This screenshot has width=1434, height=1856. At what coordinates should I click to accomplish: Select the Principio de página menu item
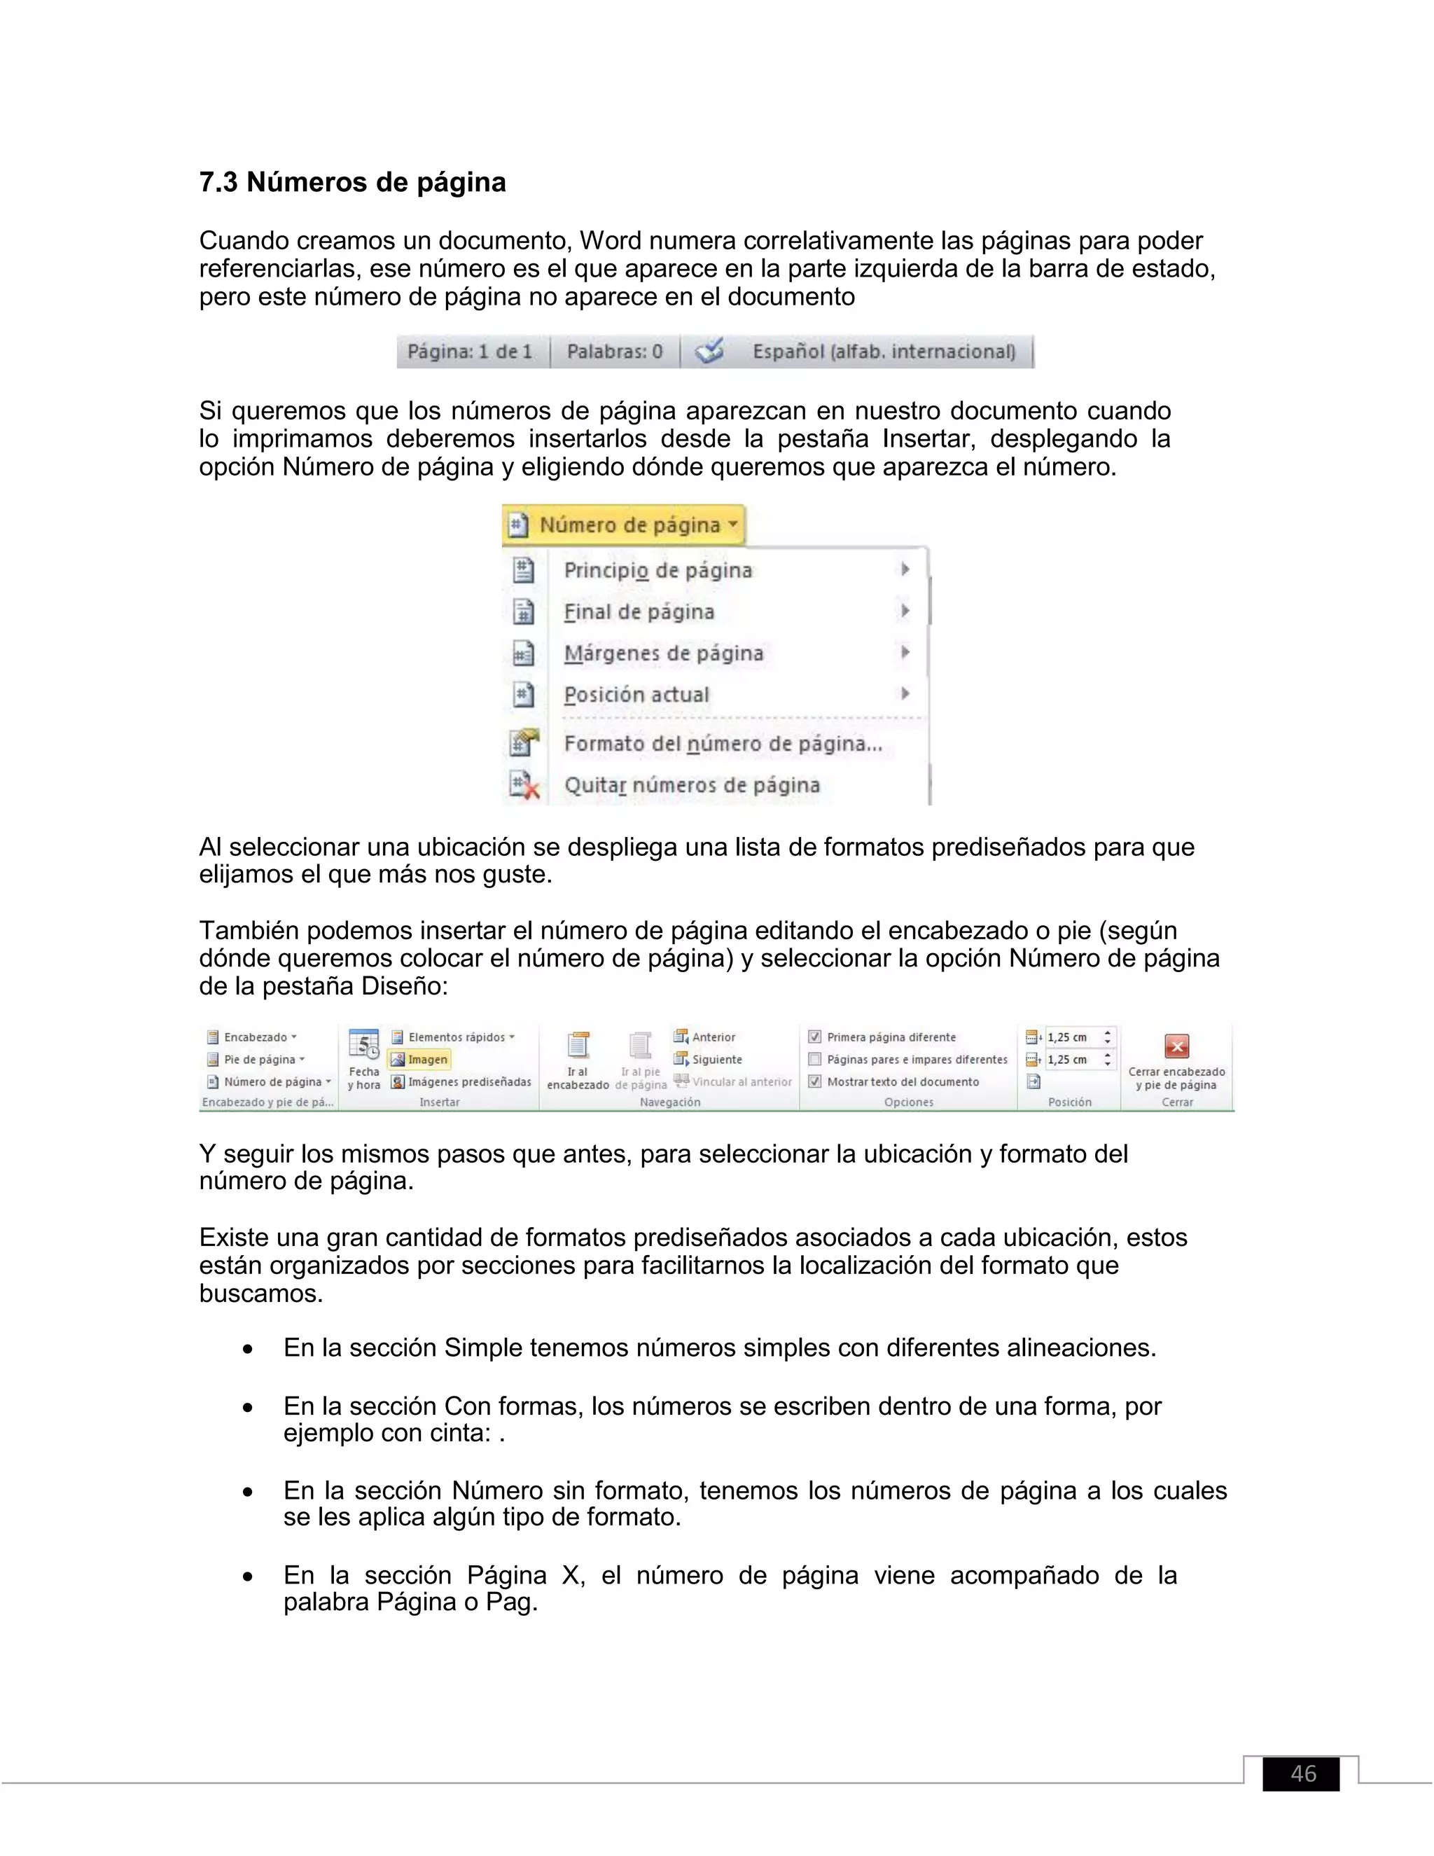click(x=657, y=570)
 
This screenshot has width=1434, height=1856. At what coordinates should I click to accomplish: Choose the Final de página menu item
click(x=639, y=612)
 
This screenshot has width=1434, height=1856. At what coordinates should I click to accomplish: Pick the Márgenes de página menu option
click(x=664, y=653)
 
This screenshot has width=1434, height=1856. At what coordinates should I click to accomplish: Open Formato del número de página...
click(x=723, y=744)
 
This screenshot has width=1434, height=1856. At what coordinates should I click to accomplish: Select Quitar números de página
click(x=692, y=785)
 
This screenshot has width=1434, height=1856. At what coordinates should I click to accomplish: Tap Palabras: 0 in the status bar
click(x=614, y=352)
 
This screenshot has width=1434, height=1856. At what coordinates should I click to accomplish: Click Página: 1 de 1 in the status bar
click(x=470, y=352)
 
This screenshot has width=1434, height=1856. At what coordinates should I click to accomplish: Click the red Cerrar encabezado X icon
click(x=1176, y=1046)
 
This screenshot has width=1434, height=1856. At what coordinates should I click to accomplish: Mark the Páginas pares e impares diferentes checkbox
click(x=815, y=1059)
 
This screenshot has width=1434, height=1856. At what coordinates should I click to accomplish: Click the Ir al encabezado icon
click(x=578, y=1046)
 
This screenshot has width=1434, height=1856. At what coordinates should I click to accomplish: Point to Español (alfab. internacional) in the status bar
click(x=884, y=352)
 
